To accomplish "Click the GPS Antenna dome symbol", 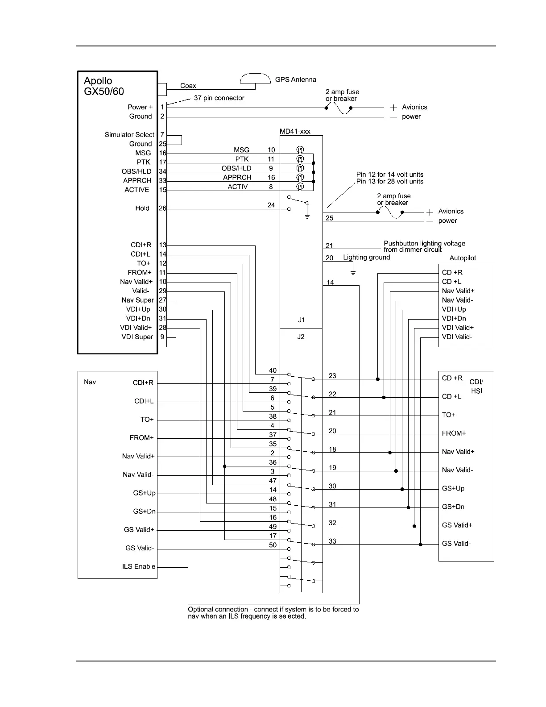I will [256, 79].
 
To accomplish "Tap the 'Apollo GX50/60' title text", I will [103, 86].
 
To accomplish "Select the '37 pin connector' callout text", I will [219, 98].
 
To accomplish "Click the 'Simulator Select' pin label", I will [129, 135].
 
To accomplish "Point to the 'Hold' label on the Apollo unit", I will [142, 208].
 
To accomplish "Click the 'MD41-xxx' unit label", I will [294, 131].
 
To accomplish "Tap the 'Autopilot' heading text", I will [463, 258].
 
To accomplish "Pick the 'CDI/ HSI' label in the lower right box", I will [476, 387].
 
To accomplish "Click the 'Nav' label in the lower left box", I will [90, 382].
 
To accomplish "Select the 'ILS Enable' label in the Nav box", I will [139, 566].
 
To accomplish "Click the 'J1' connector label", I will [302, 320].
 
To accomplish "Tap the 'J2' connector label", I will [301, 337].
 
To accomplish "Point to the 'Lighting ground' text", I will [366, 257].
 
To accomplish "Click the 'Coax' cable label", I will [188, 86].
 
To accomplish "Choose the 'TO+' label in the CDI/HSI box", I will [448, 415].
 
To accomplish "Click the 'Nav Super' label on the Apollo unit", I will [137, 300].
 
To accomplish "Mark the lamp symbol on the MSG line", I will [300, 150].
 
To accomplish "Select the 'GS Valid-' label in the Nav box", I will [140, 548].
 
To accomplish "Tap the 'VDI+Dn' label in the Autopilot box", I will [454, 318].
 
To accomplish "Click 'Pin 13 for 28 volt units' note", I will [389, 181].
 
